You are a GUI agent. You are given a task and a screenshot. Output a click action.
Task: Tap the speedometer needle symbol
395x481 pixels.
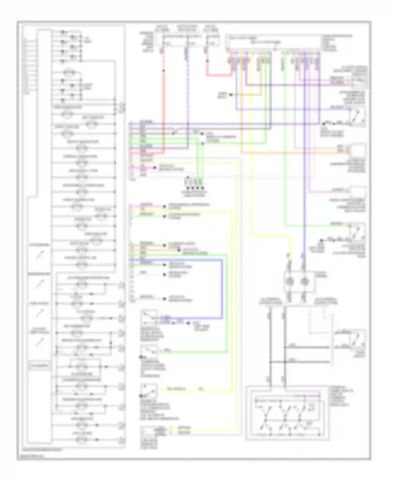point(39,284)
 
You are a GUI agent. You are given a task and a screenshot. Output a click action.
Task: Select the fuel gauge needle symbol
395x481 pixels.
point(39,313)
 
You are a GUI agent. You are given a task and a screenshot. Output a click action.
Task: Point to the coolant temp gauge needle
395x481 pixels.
point(39,342)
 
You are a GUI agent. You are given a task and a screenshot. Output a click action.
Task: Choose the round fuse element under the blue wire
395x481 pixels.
point(304,282)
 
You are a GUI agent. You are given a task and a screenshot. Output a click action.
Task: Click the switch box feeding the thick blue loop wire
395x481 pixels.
point(149,318)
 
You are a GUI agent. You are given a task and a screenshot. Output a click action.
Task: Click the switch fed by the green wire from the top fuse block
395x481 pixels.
point(357,232)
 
